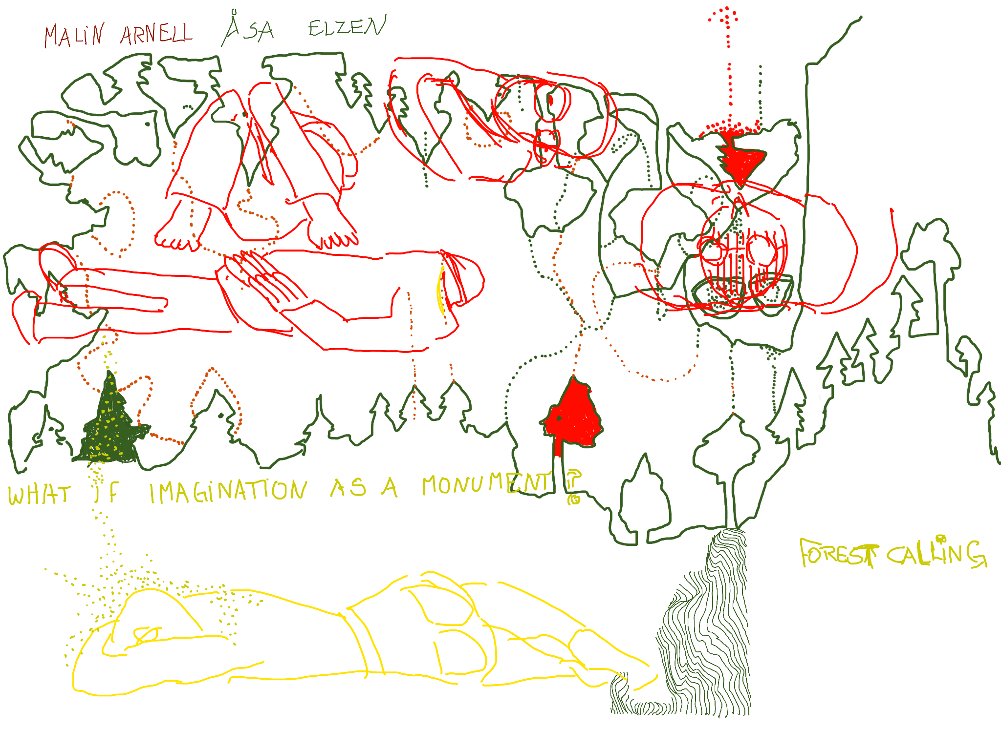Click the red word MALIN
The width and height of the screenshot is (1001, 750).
(74, 36)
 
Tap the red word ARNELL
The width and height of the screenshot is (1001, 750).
(156, 34)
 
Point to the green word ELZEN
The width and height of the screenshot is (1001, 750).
(347, 27)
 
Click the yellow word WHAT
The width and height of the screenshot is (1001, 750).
(39, 494)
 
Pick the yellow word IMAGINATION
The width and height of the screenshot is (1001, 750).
(228, 491)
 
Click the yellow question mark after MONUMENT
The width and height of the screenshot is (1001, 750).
(573, 486)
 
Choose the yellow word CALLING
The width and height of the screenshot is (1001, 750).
(936, 554)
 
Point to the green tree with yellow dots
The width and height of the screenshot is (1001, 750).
(110, 425)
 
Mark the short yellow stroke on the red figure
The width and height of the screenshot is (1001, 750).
(441, 291)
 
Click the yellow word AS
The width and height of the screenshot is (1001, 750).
(348, 487)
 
